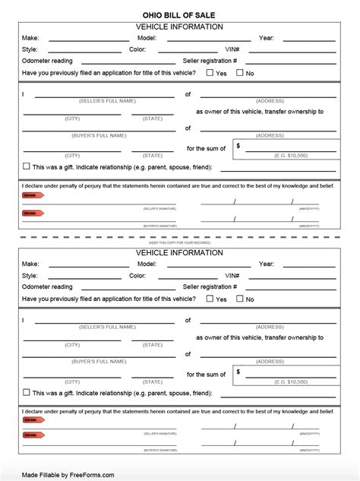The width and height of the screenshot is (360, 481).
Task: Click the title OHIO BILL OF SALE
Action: pyautogui.click(x=179, y=14)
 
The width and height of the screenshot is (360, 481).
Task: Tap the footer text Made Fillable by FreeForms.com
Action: pyautogui.click(x=68, y=475)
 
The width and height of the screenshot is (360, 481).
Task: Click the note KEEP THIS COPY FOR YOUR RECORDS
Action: pyautogui.click(x=179, y=242)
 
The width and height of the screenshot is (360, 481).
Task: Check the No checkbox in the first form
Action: pyautogui.click(x=240, y=73)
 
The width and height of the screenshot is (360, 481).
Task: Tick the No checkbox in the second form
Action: pyautogui.click(x=240, y=299)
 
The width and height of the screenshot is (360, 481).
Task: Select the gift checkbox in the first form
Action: pyautogui.click(x=27, y=166)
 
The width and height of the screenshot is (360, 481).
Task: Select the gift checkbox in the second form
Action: pyautogui.click(x=27, y=392)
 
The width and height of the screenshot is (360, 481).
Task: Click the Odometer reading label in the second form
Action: pyautogui.click(x=47, y=286)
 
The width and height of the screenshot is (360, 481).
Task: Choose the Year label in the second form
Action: pyautogui.click(x=266, y=264)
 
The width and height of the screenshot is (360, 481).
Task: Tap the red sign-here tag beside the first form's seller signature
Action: pyautogui.click(x=33, y=195)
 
